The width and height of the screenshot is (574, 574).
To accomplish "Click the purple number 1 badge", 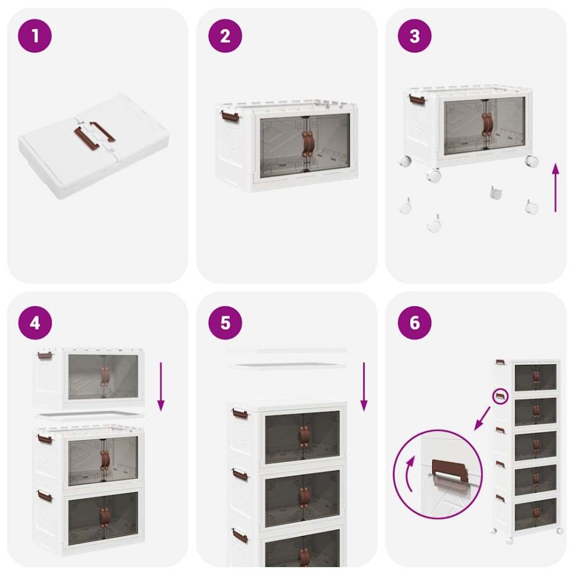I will [35, 36].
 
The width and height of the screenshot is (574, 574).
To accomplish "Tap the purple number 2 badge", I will [225, 36].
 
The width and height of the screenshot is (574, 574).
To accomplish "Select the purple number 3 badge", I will [415, 36].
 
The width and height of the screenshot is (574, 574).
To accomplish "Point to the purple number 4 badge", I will [35, 322].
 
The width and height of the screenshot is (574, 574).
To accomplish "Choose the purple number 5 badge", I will [225, 322].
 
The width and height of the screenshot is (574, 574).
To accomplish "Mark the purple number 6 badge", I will [415, 322].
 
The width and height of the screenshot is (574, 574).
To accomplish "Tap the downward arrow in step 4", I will [161, 387].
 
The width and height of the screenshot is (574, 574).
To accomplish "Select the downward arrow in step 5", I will [364, 387].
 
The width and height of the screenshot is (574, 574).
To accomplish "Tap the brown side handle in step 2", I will [227, 114].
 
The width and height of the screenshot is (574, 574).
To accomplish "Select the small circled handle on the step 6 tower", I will [500, 396].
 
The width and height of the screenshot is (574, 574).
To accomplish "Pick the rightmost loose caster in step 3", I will [532, 207].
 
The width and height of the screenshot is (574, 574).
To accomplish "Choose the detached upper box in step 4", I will [89, 377].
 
